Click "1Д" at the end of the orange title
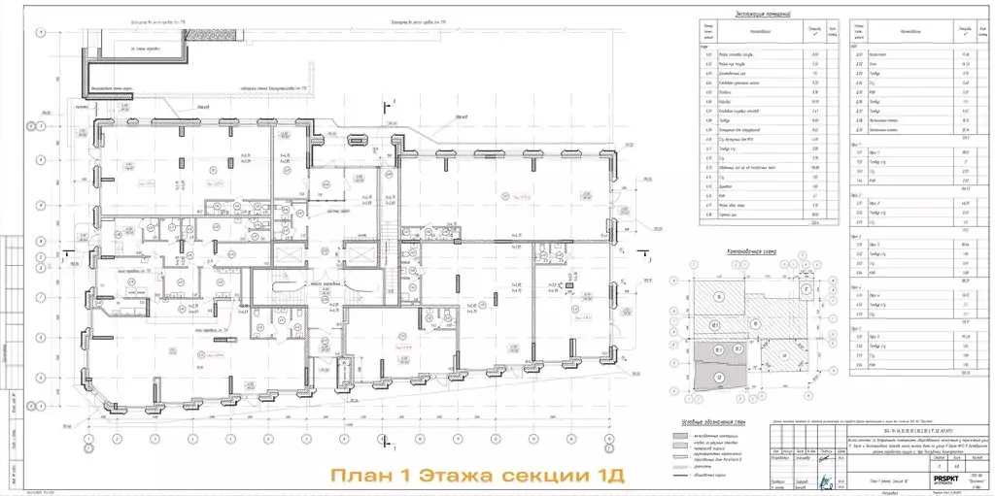pyautogui.click(x=605, y=477)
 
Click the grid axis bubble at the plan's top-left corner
pyautogui.click(x=39, y=31)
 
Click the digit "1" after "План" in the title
pyautogui.click(x=407, y=477)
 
